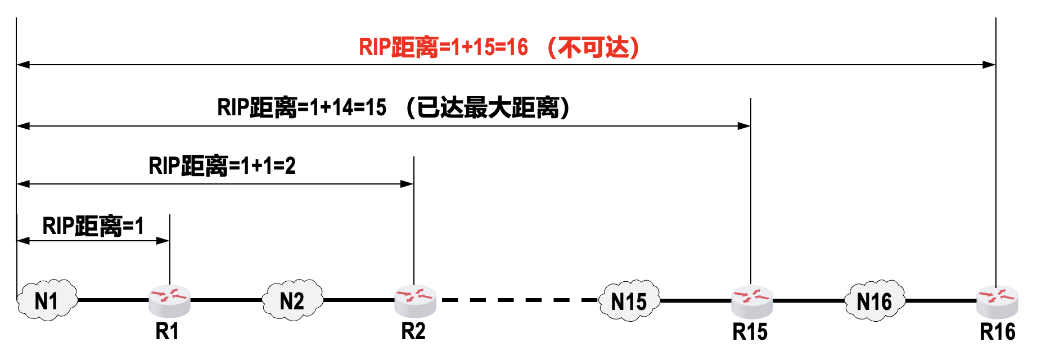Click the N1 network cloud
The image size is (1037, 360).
47,300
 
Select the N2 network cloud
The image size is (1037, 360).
292,300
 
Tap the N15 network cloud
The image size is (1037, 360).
629,301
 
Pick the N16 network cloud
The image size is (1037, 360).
874,301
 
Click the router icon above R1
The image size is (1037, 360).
169,300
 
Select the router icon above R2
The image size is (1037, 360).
415,300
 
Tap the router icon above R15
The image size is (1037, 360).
752,300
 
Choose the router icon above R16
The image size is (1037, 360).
997,300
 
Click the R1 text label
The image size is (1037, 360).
167,332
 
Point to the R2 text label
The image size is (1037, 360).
413,332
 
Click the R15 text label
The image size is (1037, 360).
750,332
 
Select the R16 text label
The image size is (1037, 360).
998,332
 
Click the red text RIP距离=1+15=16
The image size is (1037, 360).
443,47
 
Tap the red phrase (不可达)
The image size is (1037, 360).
594,47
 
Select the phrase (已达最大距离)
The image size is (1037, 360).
488,107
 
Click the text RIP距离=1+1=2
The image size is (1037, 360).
222,166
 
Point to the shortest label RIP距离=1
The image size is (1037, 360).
93,226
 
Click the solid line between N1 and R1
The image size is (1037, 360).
112,300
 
